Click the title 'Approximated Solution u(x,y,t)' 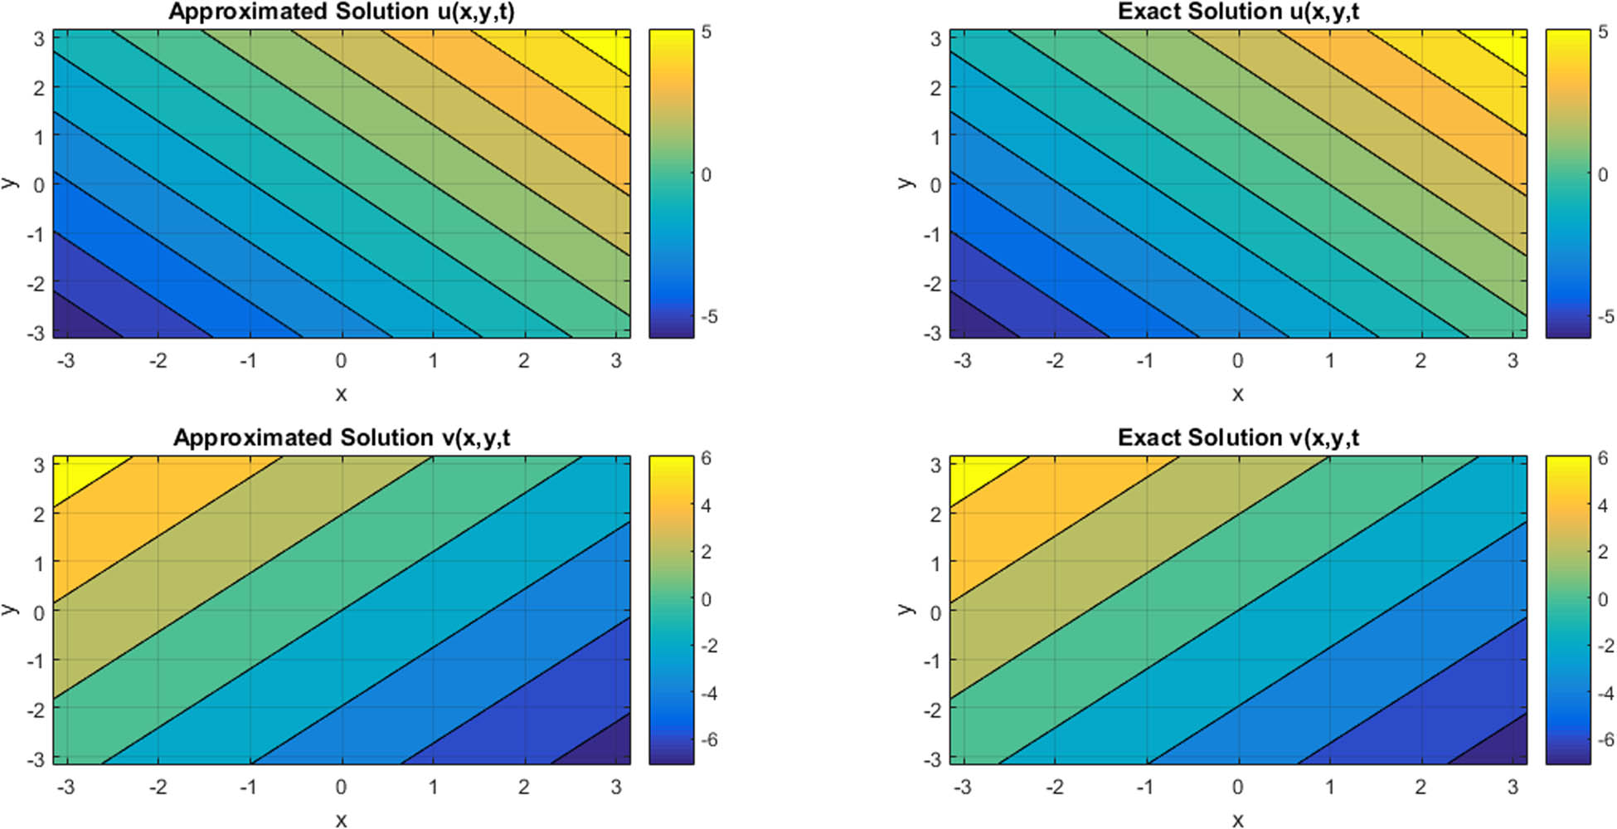point(341,12)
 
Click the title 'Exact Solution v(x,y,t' point(1238,437)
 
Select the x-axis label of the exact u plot point(1237,395)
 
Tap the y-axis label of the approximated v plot point(10,609)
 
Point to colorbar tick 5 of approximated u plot point(706,32)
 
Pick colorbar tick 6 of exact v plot point(1602,458)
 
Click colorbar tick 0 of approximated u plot point(706,175)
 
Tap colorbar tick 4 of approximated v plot point(706,505)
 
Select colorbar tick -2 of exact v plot point(1605,646)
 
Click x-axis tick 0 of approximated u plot point(341,361)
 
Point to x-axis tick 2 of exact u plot point(1420,361)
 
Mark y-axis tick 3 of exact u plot point(935,38)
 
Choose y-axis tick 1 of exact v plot point(935,563)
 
